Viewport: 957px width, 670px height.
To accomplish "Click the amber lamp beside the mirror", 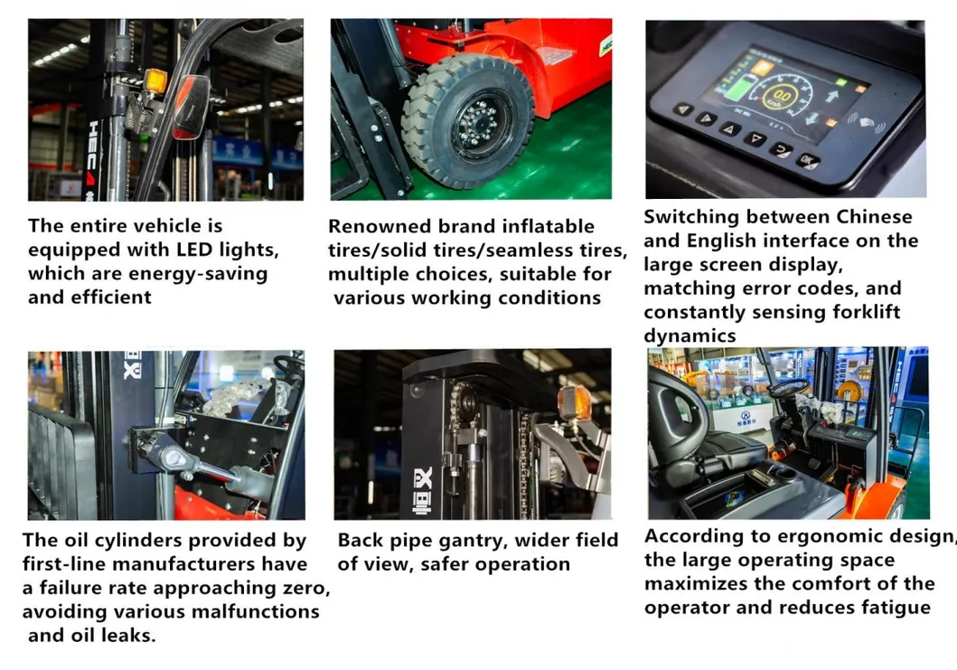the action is pos(155,82).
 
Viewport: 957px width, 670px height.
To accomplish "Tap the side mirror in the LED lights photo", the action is pos(191,107).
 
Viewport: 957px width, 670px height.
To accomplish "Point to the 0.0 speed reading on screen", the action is pos(781,95).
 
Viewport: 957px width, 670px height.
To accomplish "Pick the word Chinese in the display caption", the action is pos(874,217).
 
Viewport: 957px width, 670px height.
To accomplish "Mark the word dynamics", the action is pos(690,336).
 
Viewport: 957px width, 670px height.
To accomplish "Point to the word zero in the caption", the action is pos(307,588).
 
